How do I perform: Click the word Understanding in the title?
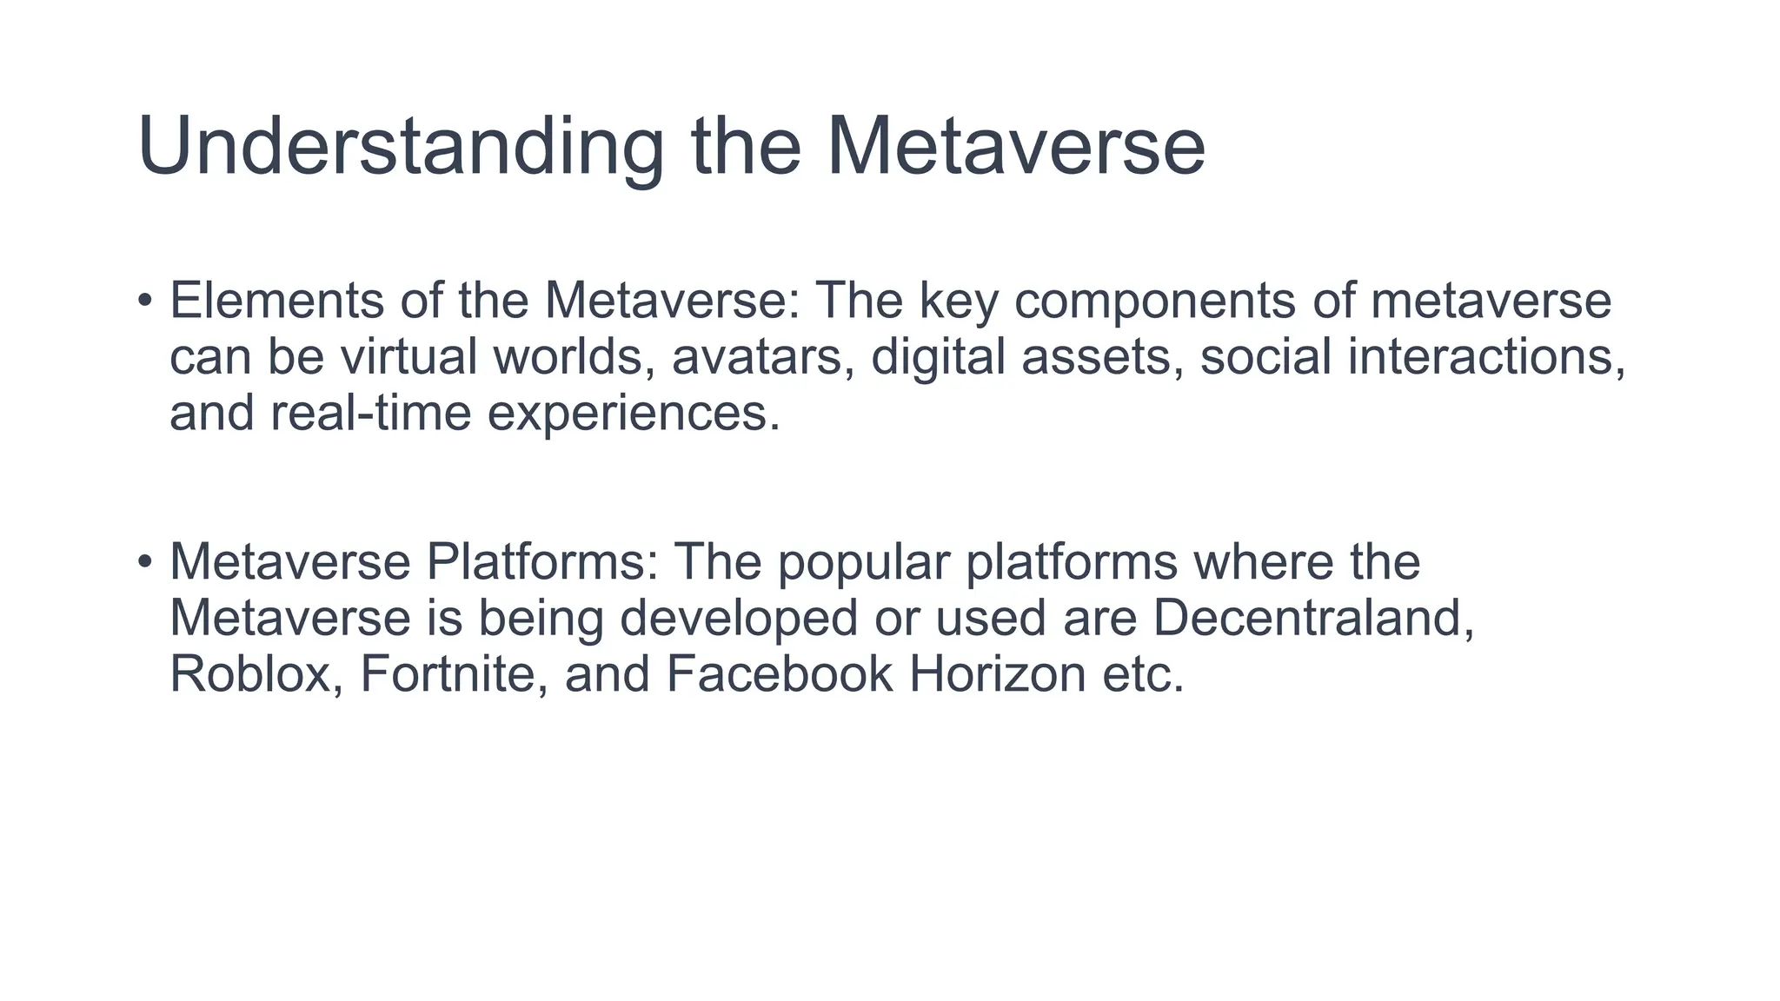click(x=400, y=148)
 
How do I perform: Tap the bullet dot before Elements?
click(x=145, y=301)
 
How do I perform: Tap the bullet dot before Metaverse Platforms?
click(x=145, y=562)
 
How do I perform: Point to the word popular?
click(x=863, y=564)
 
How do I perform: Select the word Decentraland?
click(x=1313, y=618)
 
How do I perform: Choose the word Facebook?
click(x=780, y=674)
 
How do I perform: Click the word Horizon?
click(x=998, y=674)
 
